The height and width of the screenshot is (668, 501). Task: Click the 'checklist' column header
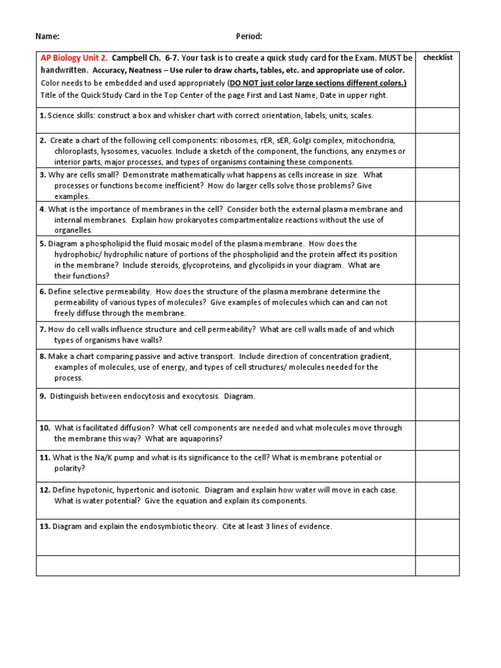pyautogui.click(x=438, y=58)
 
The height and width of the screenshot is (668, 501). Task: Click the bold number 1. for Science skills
pyautogui.click(x=42, y=115)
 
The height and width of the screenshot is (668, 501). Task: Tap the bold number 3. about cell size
pyautogui.click(x=42, y=175)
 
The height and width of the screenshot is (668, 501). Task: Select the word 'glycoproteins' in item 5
pyautogui.click(x=246, y=266)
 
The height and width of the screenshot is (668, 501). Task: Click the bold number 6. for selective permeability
pyautogui.click(x=42, y=292)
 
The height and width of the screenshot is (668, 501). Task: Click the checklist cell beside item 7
pyautogui.click(x=438, y=335)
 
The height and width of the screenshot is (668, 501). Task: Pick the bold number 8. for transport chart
pyautogui.click(x=42, y=356)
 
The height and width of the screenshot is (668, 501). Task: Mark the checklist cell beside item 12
pyautogui.click(x=438, y=500)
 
